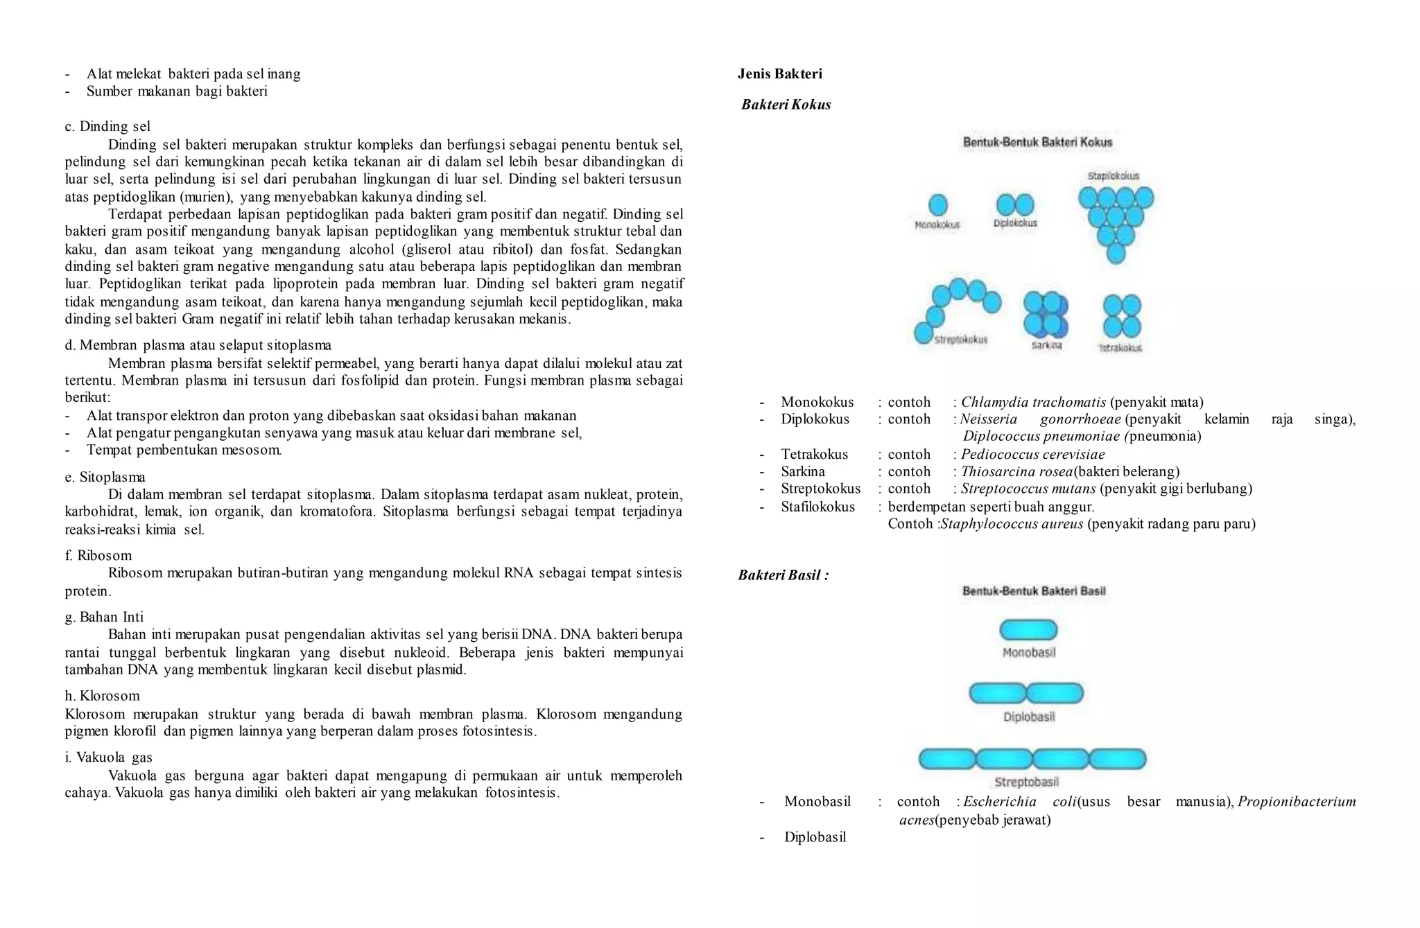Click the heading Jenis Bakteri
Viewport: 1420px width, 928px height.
pyautogui.click(x=779, y=74)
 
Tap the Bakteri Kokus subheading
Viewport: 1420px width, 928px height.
pyautogui.click(x=786, y=105)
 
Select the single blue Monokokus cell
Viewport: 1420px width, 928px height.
pyautogui.click(x=937, y=204)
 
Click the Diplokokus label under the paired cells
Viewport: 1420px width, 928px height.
pyautogui.click(x=1015, y=223)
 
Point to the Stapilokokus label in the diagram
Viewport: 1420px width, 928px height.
pyautogui.click(x=1113, y=176)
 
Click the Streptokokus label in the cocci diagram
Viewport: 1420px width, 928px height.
pyautogui.click(x=960, y=340)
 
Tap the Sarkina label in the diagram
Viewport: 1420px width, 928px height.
pyautogui.click(x=1046, y=345)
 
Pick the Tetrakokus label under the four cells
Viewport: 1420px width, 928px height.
pyautogui.click(x=1120, y=348)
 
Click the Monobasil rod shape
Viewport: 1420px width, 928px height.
pyautogui.click(x=1028, y=630)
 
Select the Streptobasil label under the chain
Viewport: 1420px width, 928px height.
pyautogui.click(x=1026, y=782)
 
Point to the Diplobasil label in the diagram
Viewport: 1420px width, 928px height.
pyautogui.click(x=1029, y=717)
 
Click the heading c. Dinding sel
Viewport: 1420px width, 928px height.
pyautogui.click(x=107, y=126)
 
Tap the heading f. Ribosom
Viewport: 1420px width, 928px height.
pyautogui.click(x=98, y=555)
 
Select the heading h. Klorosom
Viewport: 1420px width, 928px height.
pyautogui.click(x=102, y=696)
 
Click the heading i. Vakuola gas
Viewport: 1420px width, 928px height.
pyautogui.click(x=108, y=757)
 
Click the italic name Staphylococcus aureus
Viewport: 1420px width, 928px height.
pyautogui.click(x=1012, y=524)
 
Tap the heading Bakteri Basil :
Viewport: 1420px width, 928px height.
pyautogui.click(x=783, y=575)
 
